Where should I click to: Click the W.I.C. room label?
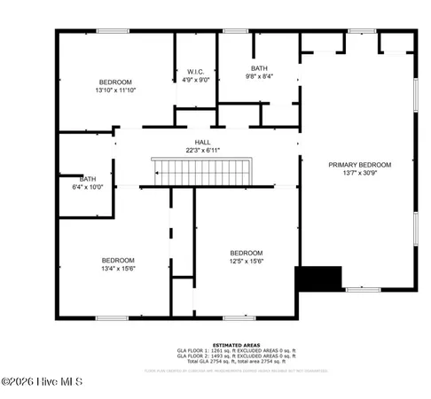pos(196,71)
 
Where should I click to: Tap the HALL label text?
pos(204,142)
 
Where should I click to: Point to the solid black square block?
pos(319,278)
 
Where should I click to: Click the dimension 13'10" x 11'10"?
pos(115,90)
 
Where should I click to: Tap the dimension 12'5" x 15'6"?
pos(246,261)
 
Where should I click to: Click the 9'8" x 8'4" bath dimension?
pos(258,76)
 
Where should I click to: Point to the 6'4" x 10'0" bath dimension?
pos(88,187)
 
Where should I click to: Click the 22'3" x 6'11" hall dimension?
pos(204,150)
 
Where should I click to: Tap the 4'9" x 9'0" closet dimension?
pos(196,79)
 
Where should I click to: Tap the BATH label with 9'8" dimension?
pos(258,68)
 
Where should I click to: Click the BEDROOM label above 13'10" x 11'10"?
pos(115,82)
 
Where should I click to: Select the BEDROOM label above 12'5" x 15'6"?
pos(246,253)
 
